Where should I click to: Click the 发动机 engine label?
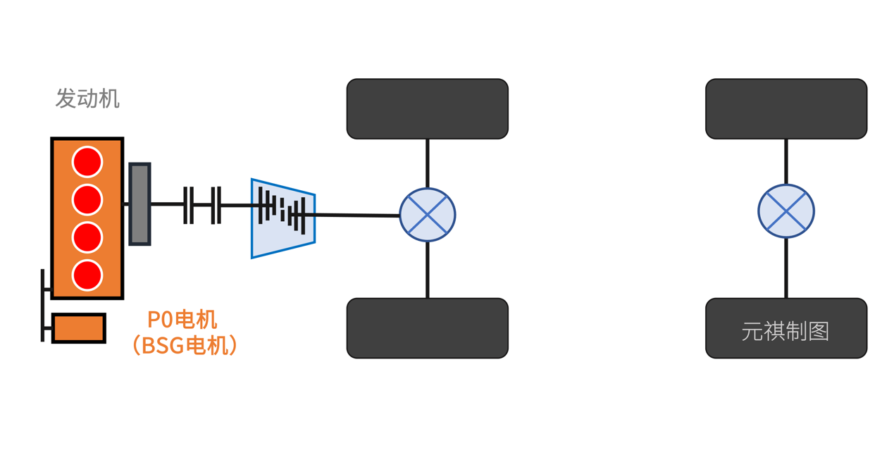tap(87, 99)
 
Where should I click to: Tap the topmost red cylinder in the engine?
tap(87, 162)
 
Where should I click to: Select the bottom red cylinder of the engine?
tap(87, 275)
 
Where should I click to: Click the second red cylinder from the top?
tap(87, 200)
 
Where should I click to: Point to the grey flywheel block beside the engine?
tap(139, 204)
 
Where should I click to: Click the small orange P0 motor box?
tap(79, 328)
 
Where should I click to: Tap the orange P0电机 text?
tap(182, 320)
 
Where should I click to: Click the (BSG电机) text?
tap(185, 345)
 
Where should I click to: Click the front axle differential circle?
tap(428, 215)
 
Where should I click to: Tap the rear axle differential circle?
tap(786, 211)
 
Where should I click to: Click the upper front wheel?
tap(428, 108)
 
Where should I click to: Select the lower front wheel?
tap(428, 328)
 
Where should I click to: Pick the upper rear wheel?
tap(786, 108)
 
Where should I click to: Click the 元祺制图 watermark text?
tap(786, 331)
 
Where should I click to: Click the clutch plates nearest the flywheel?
tap(188, 205)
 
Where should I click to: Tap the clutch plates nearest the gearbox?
tap(216, 205)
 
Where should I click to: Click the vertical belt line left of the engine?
tap(43, 305)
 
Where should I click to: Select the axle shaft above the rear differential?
tap(786, 161)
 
